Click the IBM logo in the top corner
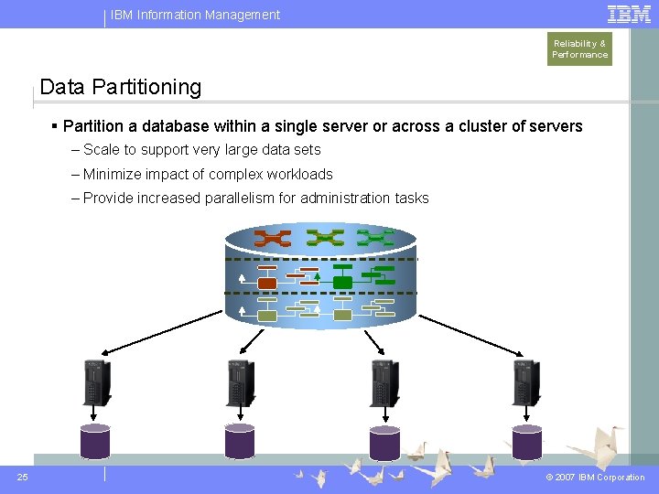[x=630, y=14]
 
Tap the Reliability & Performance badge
[x=579, y=48]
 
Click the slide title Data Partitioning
[x=121, y=88]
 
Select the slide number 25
[x=23, y=477]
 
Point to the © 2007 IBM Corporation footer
[x=595, y=478]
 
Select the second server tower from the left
[x=240, y=382]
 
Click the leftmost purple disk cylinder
[x=95, y=441]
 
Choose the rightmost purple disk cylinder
[x=527, y=441]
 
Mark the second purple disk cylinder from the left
[x=239, y=441]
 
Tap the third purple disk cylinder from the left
[x=384, y=441]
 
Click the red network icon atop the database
[x=272, y=239]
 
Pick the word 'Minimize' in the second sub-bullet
[x=112, y=174]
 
